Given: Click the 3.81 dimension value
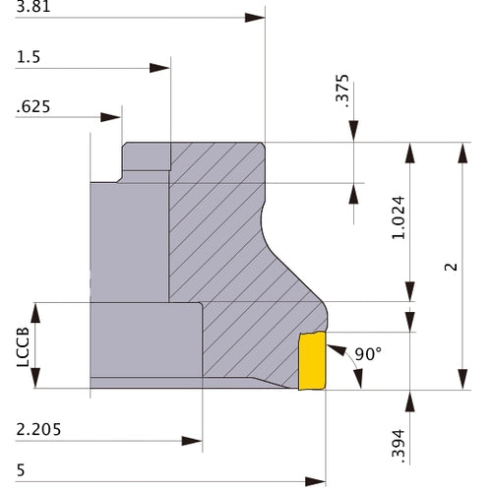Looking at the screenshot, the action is click(33, 7).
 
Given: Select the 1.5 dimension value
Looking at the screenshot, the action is click(29, 57).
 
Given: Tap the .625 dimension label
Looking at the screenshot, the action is click(33, 107).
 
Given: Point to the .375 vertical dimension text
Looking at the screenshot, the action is click(342, 92).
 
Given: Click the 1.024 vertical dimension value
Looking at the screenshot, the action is click(400, 218).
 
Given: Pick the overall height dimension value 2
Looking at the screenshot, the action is click(451, 267).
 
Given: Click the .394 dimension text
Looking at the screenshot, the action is click(400, 444).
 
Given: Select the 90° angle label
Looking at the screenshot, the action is click(368, 354).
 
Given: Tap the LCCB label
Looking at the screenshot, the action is click(23, 346).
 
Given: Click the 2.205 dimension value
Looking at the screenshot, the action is click(38, 429).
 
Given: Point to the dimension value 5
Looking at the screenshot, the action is click(21, 470).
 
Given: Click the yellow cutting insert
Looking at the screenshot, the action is click(312, 360).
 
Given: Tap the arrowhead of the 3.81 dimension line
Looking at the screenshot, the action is click(255, 18).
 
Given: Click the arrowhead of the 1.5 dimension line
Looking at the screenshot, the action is click(159, 68).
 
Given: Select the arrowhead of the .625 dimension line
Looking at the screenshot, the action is click(111, 117).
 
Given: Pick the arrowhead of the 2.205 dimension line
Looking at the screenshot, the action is click(192, 441).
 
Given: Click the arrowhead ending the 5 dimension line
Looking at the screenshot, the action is click(315, 482).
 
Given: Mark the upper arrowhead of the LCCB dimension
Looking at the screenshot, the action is click(35, 313).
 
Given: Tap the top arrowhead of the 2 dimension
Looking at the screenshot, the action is click(462, 153).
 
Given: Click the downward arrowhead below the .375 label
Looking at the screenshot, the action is click(353, 131).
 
